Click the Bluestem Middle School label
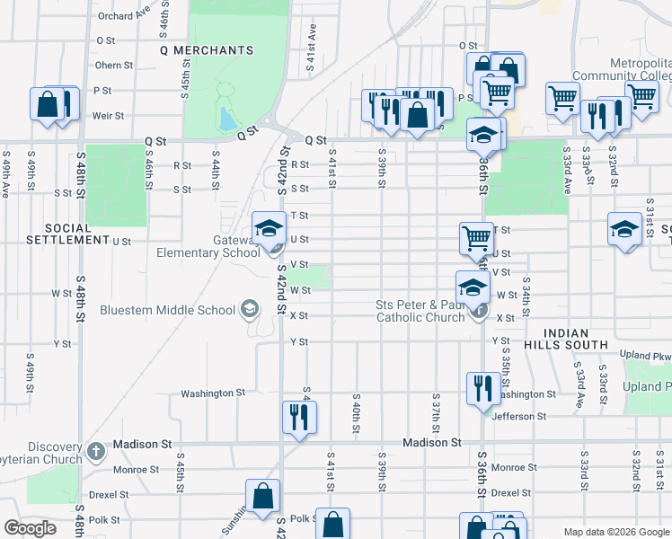pyautogui.click(x=179, y=311)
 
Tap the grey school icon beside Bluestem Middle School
pyautogui.click(x=248, y=311)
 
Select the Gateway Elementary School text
pyautogui.click(x=208, y=246)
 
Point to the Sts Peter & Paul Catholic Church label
pyautogui.click(x=420, y=311)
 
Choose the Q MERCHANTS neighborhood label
pyautogui.click(x=206, y=50)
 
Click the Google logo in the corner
pyautogui.click(x=31, y=528)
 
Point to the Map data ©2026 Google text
pyautogui.click(x=615, y=531)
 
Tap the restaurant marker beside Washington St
pyautogui.click(x=482, y=389)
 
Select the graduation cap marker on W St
pyautogui.click(x=473, y=287)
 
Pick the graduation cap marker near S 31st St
pyautogui.click(x=624, y=228)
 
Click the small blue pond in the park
pyautogui.click(x=226, y=119)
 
